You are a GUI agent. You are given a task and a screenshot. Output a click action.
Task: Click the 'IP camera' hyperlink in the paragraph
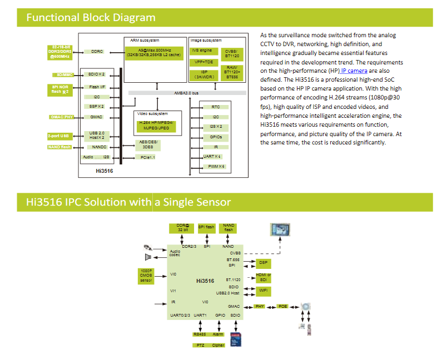coord(354,71)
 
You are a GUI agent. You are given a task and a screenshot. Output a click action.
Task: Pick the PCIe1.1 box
coord(148,157)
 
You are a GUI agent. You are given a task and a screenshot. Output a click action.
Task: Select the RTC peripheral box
coord(215,107)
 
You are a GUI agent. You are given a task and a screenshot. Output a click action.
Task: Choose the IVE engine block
coord(202,51)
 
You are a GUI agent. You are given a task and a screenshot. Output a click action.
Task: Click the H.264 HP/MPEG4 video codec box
coord(157,125)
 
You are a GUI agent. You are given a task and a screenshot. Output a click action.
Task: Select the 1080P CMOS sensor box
coord(146,276)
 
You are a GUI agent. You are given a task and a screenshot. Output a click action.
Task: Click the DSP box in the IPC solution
coord(263,262)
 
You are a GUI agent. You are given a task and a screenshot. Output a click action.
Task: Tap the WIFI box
coord(264,290)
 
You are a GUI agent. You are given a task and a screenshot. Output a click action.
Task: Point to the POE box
coord(283,306)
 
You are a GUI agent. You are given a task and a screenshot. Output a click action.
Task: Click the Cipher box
coord(218,345)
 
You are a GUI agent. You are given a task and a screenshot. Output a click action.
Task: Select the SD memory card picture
coord(236,338)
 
